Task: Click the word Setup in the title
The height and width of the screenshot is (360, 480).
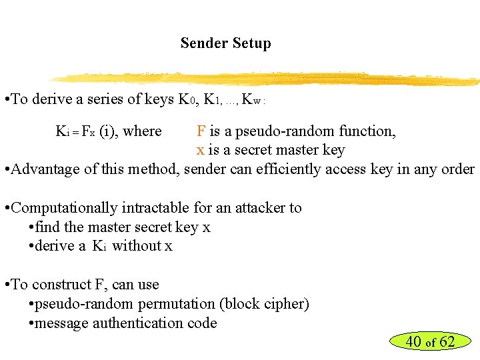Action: pyautogui.click(x=251, y=44)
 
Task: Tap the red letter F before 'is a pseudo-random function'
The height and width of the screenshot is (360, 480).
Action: pyautogui.click(x=201, y=131)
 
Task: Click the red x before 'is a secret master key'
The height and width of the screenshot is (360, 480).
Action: pyautogui.click(x=200, y=151)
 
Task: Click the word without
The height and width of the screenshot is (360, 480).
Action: pyautogui.click(x=136, y=246)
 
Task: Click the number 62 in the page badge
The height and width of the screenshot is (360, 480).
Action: pyautogui.click(x=447, y=342)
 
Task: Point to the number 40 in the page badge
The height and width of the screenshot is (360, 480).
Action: pyautogui.click(x=413, y=342)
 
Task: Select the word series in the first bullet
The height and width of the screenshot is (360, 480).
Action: pyautogui.click(x=102, y=99)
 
